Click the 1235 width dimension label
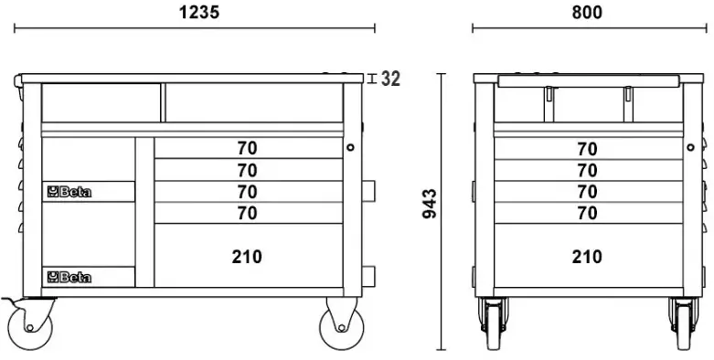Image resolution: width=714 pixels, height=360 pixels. pos(199,12)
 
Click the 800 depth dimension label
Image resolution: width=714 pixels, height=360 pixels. pos(587,12)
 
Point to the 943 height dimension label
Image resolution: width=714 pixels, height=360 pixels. pos(430,204)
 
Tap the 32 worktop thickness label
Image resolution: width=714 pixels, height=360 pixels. pos(390,79)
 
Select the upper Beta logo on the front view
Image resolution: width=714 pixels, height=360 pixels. pos(69,192)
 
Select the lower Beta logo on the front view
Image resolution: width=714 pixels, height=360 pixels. pos(69,277)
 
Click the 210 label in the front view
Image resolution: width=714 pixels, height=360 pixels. pos(247,257)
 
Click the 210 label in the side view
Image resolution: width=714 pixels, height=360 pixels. pos(587,257)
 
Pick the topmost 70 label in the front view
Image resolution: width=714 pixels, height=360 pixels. pos(247,148)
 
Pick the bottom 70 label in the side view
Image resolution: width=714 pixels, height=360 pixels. pos(587,213)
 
